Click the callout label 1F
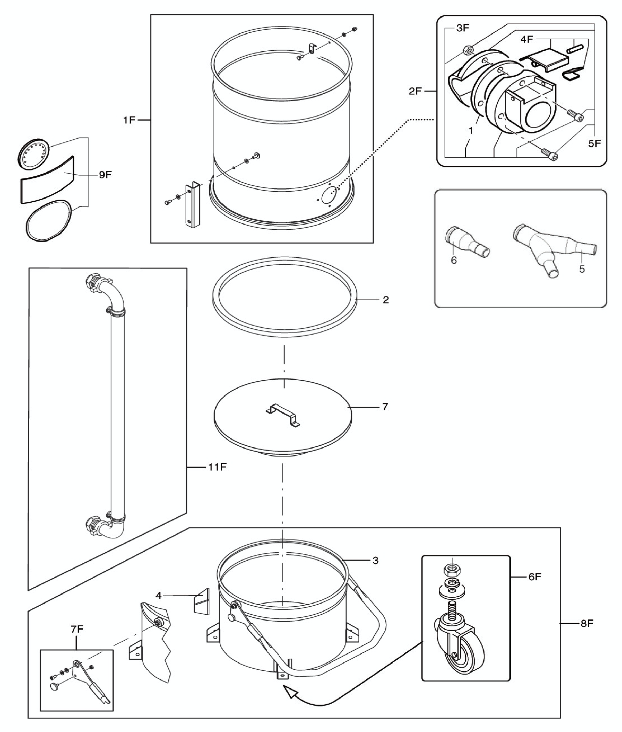[129, 120]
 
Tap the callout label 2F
[415, 91]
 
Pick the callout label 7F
[77, 629]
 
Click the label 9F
[105, 175]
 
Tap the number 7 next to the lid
[385, 407]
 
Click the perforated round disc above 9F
[33, 154]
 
